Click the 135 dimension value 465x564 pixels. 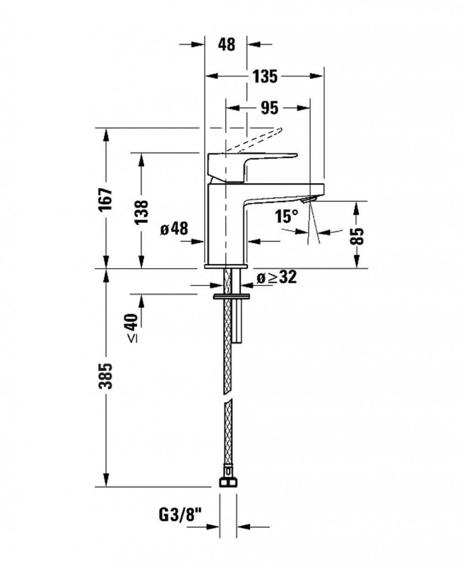pyautogui.click(x=265, y=77)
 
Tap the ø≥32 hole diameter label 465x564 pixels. pyautogui.click(x=277, y=278)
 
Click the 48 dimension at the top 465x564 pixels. pyautogui.click(x=226, y=45)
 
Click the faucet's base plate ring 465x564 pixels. pyautogui.click(x=226, y=266)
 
